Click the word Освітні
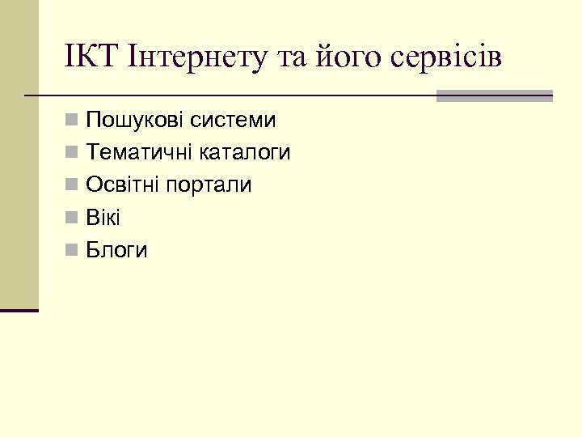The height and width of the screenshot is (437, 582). point(123,185)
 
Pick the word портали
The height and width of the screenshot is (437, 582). point(209,185)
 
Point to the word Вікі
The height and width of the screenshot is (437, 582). point(103,218)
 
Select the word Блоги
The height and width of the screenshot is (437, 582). point(116,251)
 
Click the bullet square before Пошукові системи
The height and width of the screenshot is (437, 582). point(73,121)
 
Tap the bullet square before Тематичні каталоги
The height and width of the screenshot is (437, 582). point(73,154)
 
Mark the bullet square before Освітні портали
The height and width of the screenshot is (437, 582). point(73,186)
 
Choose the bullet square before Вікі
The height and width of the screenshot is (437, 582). point(73,218)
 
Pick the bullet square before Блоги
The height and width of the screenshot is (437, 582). point(73,251)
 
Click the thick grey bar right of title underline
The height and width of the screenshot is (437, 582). point(494,95)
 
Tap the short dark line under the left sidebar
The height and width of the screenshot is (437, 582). point(19,310)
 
